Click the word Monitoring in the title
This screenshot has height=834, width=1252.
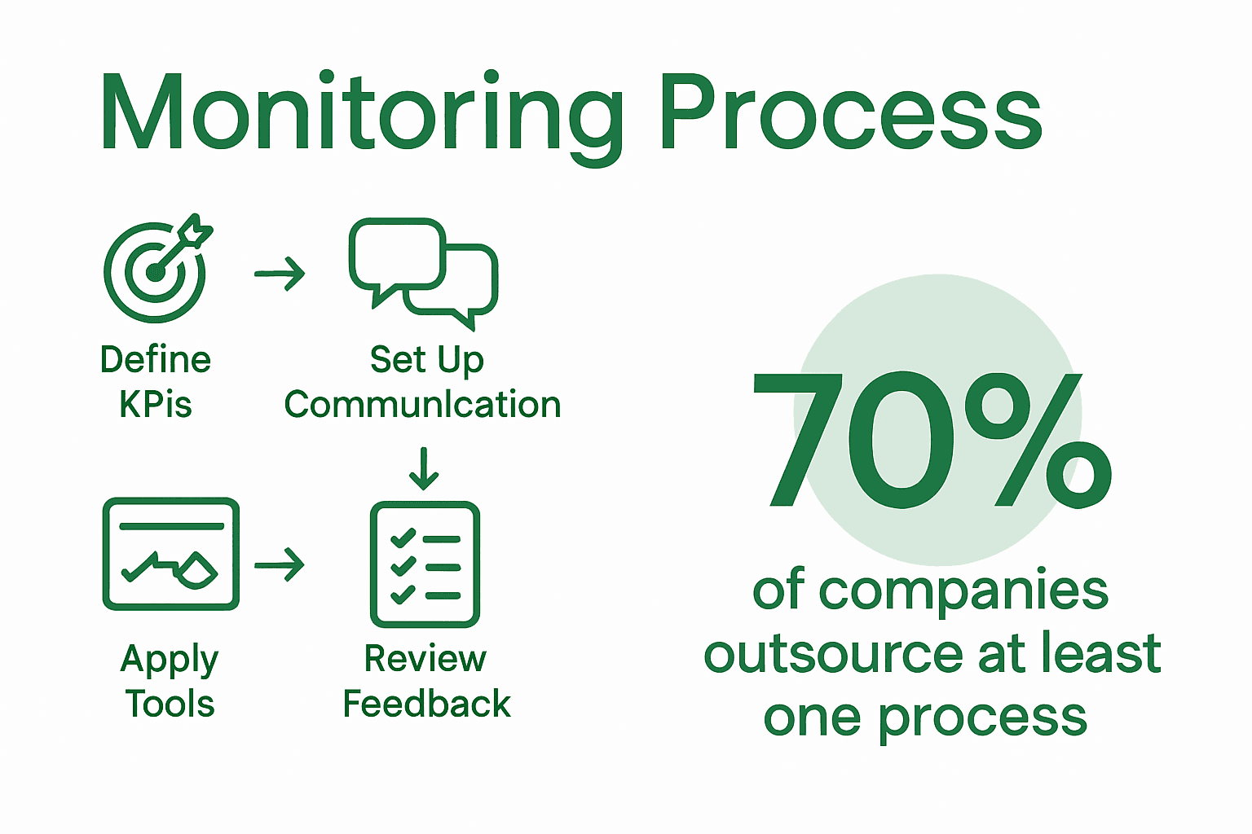359,114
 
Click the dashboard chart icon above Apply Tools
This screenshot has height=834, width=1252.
171,554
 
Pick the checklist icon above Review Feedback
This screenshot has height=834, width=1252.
425,564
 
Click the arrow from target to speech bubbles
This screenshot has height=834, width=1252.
280,274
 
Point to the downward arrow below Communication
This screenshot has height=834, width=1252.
424,468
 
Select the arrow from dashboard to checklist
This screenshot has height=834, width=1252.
280,564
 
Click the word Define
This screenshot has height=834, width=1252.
156,359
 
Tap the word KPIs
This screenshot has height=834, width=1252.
156,404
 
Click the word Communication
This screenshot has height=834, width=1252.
422,404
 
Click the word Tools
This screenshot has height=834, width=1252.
170,704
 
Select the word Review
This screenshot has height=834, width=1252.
425,658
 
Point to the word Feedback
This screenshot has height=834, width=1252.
426,704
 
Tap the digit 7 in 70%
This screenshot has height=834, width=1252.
796,440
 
